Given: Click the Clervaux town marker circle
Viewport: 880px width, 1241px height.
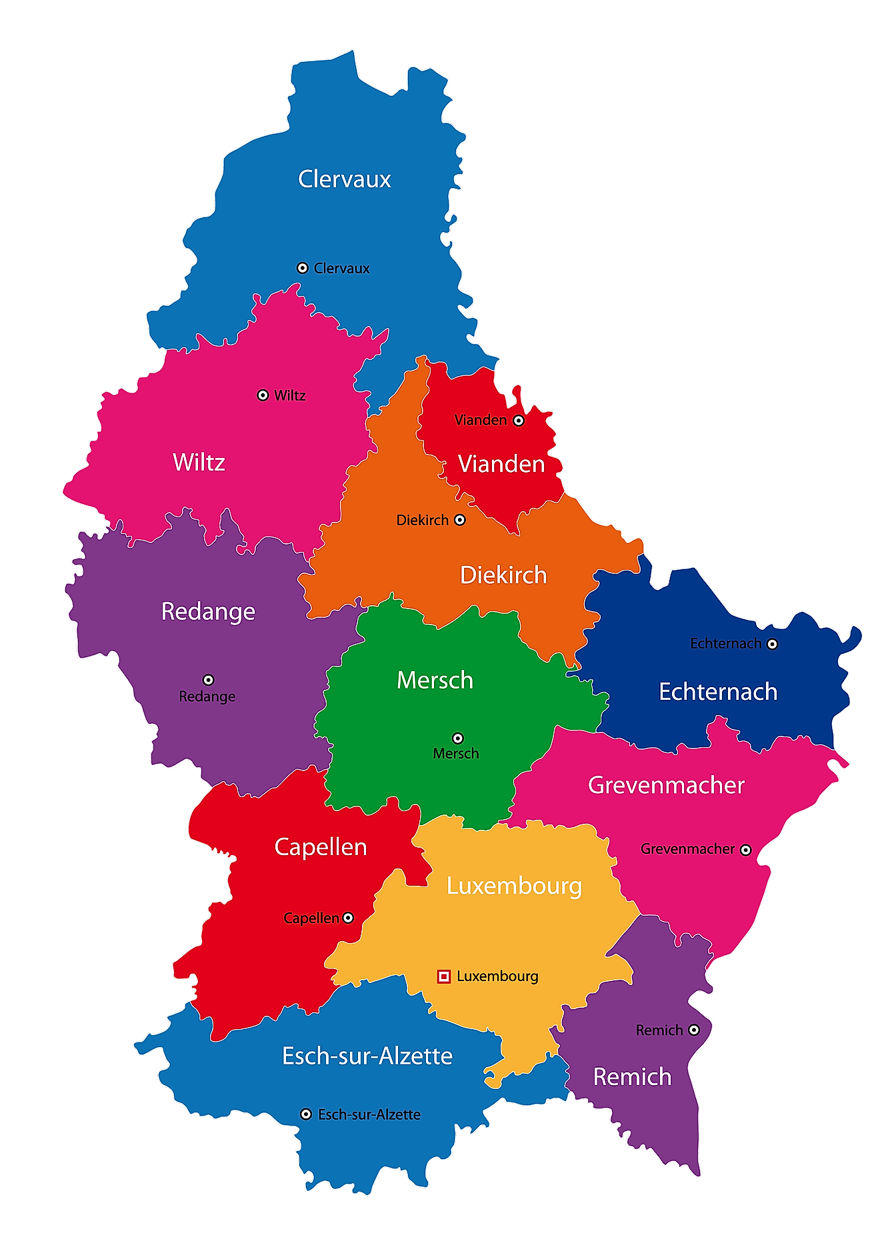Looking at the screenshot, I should click(x=302, y=268).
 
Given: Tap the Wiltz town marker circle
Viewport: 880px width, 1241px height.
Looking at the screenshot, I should click(x=263, y=395).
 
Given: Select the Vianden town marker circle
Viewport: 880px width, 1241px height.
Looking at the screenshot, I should click(x=519, y=421).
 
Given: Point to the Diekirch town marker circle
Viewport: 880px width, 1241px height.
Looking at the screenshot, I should click(x=459, y=520).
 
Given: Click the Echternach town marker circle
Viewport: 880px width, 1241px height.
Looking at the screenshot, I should click(x=772, y=644).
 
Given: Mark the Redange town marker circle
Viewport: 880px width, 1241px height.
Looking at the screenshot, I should click(x=208, y=680).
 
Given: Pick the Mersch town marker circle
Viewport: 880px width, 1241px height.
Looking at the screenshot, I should click(x=457, y=738).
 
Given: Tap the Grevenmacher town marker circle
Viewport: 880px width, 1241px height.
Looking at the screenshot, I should click(x=745, y=850).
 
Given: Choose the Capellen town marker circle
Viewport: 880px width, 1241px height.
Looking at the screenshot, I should click(x=348, y=918).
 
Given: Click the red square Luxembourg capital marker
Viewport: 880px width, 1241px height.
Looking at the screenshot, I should click(x=443, y=976).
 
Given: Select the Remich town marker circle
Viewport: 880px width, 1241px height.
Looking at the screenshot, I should click(x=693, y=1030).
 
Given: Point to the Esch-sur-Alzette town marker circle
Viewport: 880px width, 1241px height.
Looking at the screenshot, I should click(x=305, y=1114).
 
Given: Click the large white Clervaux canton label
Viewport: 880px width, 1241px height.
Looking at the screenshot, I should click(x=344, y=179).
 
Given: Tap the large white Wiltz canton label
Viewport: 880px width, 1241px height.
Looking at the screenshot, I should click(x=199, y=462).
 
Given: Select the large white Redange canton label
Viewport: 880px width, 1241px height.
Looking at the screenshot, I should click(x=208, y=611).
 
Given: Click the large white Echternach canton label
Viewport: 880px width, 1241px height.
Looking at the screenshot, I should click(x=718, y=692).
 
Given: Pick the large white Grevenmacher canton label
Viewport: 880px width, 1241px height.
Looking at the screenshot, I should click(x=666, y=785).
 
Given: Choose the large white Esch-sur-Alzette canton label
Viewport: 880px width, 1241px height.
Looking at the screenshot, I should click(x=367, y=1056).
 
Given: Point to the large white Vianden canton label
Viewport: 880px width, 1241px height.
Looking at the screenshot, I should click(x=501, y=464).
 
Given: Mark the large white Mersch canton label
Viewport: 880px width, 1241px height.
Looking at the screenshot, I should click(x=435, y=680).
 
